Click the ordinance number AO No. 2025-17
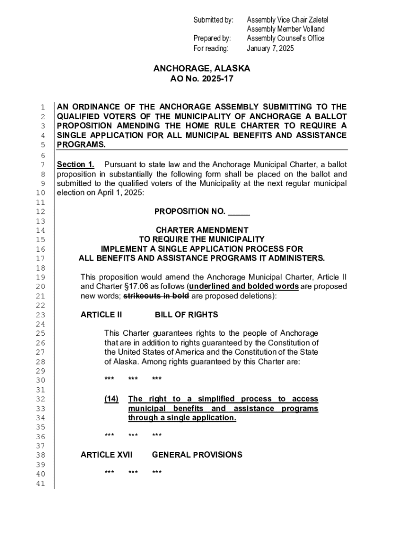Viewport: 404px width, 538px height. [201, 79]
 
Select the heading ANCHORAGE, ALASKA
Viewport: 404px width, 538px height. [201, 69]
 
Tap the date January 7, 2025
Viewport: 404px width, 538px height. [270, 48]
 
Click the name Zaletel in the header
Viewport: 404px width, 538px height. [316, 20]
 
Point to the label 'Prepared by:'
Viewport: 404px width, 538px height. [212, 38]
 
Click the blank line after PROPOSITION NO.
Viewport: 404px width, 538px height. [239, 212]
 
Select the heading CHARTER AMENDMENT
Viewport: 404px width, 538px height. [202, 230]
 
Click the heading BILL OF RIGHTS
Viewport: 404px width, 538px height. [186, 315]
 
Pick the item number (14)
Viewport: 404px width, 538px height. [111, 399]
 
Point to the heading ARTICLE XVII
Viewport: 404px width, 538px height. [107, 454]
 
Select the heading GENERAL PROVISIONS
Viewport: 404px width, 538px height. [197, 454]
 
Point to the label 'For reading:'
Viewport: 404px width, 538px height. [211, 48]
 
